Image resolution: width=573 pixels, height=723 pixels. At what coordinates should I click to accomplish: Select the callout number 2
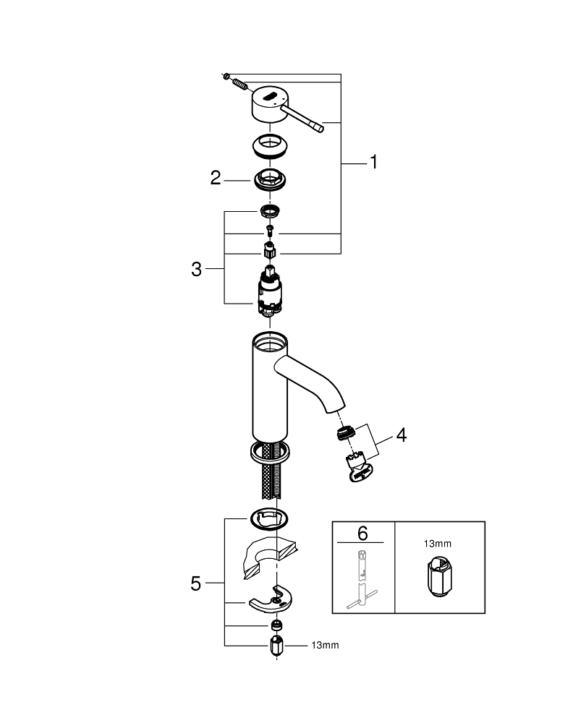[216, 178]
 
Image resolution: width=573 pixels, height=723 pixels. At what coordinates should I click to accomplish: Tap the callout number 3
[196, 270]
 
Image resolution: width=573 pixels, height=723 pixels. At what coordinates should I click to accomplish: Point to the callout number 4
[400, 436]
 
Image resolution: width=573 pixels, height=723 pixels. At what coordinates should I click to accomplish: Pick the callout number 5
[196, 583]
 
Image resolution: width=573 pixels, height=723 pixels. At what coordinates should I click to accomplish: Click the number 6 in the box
[363, 534]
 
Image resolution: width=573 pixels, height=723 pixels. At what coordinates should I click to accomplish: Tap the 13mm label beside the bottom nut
[325, 643]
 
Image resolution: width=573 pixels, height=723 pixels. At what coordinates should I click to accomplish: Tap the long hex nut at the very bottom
[275, 644]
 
